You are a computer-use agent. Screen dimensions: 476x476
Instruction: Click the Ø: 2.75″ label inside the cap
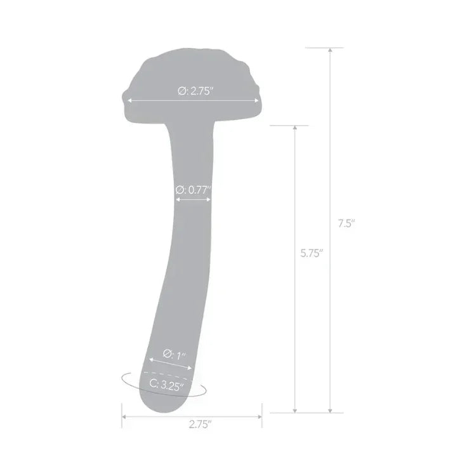195,91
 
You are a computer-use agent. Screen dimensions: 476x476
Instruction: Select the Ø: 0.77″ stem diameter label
192,189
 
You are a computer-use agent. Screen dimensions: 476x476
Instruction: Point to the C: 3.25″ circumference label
167,383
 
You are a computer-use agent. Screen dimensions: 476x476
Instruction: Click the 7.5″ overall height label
346,223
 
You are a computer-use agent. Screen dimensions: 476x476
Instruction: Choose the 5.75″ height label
312,253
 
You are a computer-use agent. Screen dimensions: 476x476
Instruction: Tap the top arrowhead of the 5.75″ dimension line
295,128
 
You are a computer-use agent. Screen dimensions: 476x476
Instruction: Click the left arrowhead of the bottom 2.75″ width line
124,417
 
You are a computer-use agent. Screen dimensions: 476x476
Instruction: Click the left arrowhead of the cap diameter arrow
129,100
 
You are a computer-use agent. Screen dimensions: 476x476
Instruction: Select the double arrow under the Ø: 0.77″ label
193,199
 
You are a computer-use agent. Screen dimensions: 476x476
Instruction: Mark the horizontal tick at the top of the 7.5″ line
330,48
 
